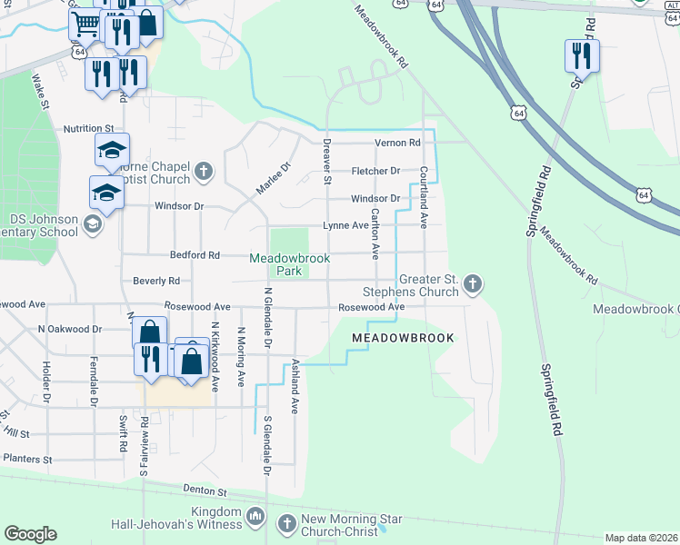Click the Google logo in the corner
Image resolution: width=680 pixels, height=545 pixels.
pos(30,534)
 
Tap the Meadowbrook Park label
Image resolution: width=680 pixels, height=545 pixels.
pos(289,264)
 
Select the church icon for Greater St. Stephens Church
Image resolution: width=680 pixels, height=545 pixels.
pos(472,285)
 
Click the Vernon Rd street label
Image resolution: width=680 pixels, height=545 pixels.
pos(398,144)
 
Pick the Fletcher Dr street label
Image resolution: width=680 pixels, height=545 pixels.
pos(375,171)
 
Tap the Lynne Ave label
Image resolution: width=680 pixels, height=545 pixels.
pos(346,225)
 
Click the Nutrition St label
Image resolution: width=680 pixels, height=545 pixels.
pos(88,130)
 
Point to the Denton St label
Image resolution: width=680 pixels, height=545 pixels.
pos(205,491)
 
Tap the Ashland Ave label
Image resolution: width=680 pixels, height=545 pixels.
pos(295,386)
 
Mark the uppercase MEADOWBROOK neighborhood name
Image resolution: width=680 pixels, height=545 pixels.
pos(402,337)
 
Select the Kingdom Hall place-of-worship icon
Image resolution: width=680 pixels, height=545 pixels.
pos(255,518)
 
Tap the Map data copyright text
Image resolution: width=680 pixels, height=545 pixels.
pos(641,538)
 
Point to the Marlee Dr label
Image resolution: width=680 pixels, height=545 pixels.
pos(271,178)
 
